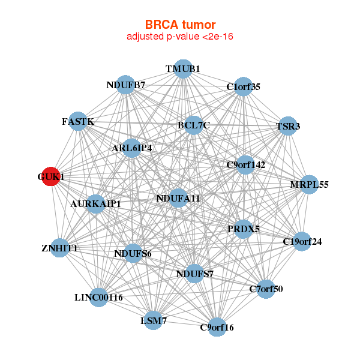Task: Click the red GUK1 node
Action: coord(50,177)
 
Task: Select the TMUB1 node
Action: coord(183,69)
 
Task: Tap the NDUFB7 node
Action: coord(125,85)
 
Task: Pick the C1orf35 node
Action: coord(243,87)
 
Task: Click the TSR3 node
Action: coord(288,127)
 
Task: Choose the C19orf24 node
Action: coord(302,242)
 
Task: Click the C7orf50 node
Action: coord(266,289)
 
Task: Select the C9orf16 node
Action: coord(217,327)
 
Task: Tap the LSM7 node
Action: coord(154,321)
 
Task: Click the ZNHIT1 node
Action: coord(59,248)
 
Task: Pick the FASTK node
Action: coord(78,122)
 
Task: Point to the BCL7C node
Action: coord(193,125)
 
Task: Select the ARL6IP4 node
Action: coord(133,148)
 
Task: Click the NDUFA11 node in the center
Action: coord(178,198)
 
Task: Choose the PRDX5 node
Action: coord(243,229)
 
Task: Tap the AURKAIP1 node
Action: coord(96,204)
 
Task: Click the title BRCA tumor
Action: coord(180,25)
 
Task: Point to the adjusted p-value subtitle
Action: coord(180,37)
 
